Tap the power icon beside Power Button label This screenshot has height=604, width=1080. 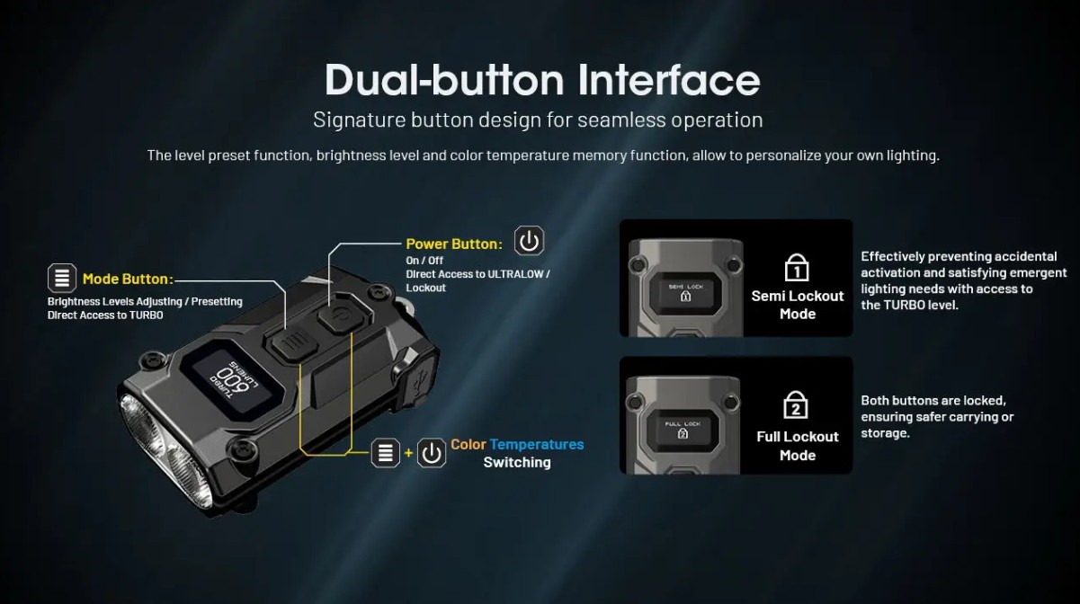click(529, 241)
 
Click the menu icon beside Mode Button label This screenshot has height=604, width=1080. click(62, 278)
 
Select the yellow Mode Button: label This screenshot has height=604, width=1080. click(128, 279)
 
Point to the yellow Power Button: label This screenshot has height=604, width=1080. click(454, 244)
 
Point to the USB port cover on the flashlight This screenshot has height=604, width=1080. click(418, 380)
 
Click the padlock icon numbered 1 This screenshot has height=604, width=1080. click(797, 267)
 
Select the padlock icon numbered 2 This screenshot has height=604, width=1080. click(795, 404)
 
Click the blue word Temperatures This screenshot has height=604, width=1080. click(537, 444)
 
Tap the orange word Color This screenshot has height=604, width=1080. click(469, 444)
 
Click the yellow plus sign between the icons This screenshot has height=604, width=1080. click(408, 453)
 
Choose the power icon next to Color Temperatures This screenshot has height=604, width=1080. click(431, 453)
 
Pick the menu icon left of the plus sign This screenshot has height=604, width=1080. click(385, 453)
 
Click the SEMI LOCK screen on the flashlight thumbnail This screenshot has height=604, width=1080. click(685, 292)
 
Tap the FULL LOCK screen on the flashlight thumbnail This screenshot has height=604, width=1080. click(683, 429)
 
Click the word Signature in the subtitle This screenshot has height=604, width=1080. click(360, 120)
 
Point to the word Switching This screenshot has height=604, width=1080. click(517, 462)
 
